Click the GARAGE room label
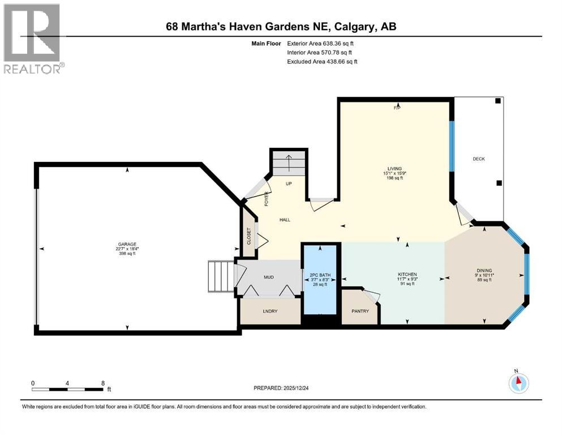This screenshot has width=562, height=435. [127, 244]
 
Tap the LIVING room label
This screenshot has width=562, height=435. [394, 169]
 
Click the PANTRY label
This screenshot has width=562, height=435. [360, 311]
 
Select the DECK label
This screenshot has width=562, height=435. [479, 159]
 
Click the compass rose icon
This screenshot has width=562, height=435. [518, 383]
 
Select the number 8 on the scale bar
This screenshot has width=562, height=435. [102, 383]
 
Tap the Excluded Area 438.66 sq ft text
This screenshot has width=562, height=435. [322, 61]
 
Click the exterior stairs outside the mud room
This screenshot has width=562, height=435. [221, 276]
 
